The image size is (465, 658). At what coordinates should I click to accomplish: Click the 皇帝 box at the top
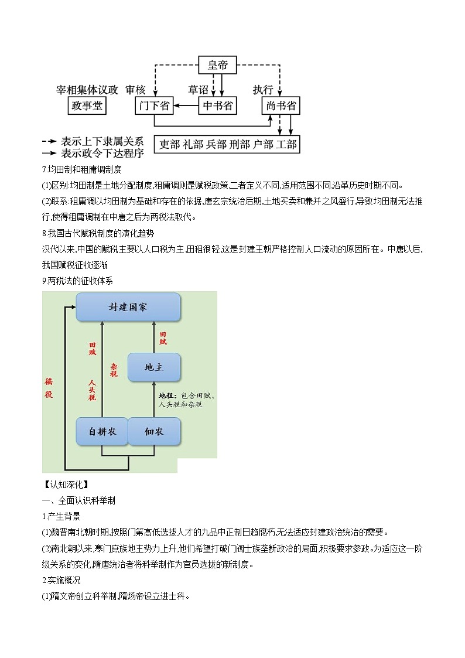click(217, 65)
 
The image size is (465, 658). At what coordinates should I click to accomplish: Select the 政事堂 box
click(87, 106)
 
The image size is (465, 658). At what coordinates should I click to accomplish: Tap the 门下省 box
click(154, 106)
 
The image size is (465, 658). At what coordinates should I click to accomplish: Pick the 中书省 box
click(217, 106)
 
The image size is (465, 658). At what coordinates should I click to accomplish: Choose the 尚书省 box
click(281, 106)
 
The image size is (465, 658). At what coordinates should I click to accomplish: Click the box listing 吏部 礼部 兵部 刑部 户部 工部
click(227, 144)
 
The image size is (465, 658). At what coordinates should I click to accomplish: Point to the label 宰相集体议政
click(87, 90)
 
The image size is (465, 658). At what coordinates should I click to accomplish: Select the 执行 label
click(263, 90)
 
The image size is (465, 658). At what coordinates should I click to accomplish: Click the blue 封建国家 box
click(128, 307)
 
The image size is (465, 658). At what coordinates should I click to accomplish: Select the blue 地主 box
click(154, 367)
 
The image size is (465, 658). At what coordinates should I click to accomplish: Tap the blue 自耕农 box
click(102, 432)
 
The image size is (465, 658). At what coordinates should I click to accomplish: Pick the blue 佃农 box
click(154, 432)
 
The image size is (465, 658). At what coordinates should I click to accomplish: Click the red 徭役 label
click(49, 387)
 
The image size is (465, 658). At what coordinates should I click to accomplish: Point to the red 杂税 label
click(114, 369)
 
